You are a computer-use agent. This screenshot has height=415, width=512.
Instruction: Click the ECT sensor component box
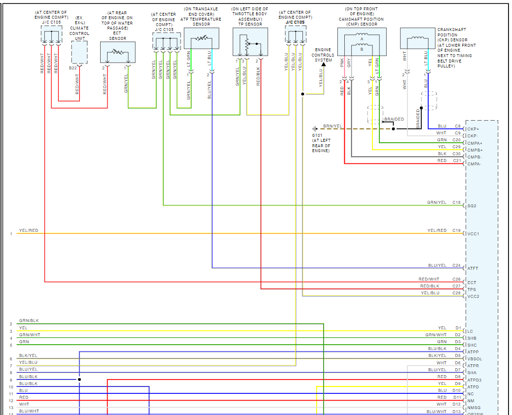[117, 52]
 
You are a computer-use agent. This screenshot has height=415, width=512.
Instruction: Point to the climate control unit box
[79, 52]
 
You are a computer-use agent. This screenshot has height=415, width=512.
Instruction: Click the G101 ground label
[317, 135]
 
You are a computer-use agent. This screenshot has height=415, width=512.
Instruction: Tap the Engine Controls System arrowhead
[324, 64]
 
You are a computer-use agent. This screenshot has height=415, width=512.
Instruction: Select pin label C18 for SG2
[456, 202]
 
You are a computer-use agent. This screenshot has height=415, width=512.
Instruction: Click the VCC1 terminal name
[473, 234]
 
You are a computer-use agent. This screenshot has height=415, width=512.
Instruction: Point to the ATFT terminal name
[473, 268]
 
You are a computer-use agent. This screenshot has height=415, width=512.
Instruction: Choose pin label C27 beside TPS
[456, 286]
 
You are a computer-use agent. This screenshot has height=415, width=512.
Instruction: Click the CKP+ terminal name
[473, 129]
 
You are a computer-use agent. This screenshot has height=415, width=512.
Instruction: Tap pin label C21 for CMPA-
[456, 160]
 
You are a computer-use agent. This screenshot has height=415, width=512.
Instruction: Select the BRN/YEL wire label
[332, 126]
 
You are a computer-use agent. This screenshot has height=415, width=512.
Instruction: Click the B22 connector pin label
[73, 68]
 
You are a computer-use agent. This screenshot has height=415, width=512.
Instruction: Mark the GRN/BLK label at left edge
[29, 320]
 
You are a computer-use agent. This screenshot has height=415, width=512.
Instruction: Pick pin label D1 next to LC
[458, 328]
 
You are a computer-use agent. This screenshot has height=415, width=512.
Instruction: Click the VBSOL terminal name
[475, 359]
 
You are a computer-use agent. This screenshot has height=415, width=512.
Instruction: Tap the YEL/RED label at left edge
[29, 230]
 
